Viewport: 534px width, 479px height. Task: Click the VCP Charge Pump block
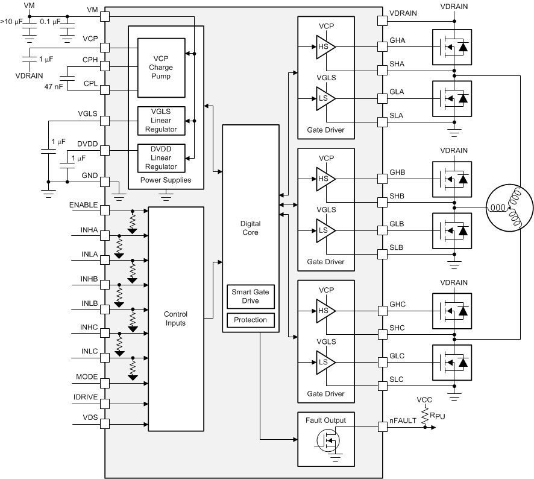pos(160,68)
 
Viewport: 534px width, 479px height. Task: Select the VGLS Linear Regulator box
pos(160,121)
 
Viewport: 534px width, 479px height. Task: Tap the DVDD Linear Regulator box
pos(160,158)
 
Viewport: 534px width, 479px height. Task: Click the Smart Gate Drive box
pos(250,296)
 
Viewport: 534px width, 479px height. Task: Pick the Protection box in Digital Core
pos(250,320)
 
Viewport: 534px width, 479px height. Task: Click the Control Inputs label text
pos(175,319)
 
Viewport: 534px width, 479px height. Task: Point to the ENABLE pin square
pos(105,210)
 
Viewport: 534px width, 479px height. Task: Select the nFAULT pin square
pos(382,427)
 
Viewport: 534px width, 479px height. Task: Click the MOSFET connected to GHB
pos(452,179)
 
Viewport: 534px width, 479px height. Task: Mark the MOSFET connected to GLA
pos(452,98)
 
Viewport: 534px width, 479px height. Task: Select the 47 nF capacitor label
pos(54,86)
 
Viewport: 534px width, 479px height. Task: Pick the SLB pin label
pos(397,248)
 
